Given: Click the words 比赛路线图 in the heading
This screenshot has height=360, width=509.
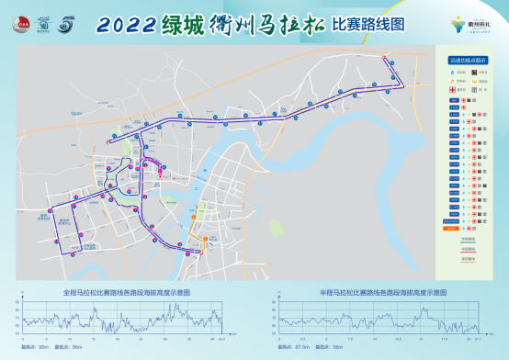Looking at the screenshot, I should tap(368, 25).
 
